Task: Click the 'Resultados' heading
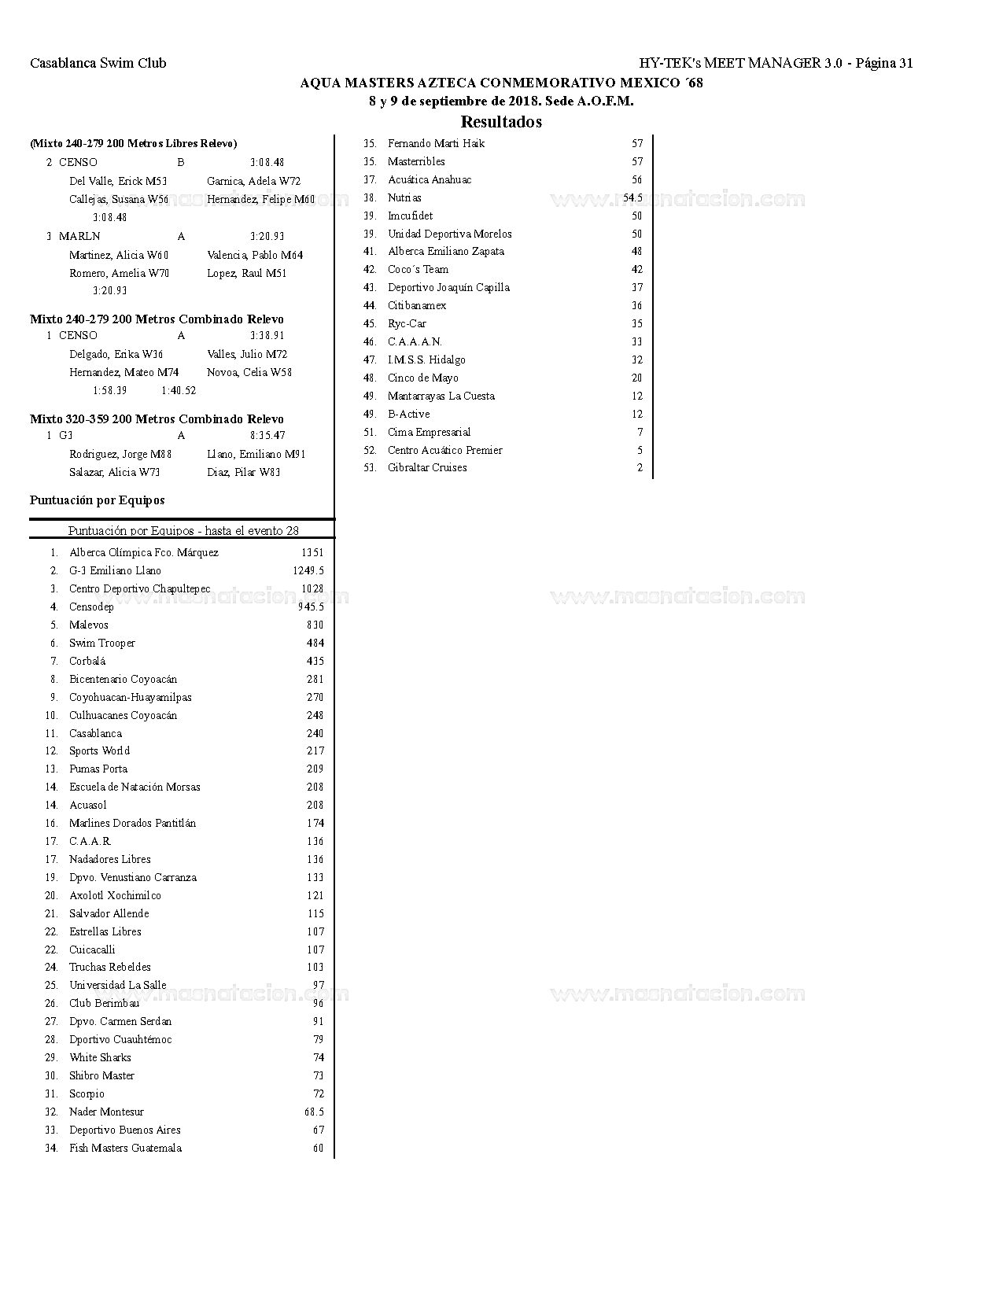[501, 122]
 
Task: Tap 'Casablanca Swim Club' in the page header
[98, 63]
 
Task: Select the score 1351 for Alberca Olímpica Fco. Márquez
[312, 552]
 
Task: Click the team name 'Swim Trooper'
[102, 643]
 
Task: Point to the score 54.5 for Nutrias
[632, 197]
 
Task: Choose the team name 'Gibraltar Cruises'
[427, 467]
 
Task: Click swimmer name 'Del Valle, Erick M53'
[118, 181]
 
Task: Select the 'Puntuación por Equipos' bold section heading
[98, 500]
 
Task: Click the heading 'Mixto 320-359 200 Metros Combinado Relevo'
[157, 419]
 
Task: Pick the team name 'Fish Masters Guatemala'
[125, 1148]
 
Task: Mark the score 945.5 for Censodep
[311, 607]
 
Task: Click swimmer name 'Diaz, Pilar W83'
[243, 472]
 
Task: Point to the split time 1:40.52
[179, 390]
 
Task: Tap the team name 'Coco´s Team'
[418, 269]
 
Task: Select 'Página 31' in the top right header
[883, 63]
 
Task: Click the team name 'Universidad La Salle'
[118, 985]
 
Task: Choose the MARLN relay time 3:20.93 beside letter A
[267, 236]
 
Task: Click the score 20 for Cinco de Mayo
[636, 378]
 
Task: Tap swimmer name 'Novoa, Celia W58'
[249, 372]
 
